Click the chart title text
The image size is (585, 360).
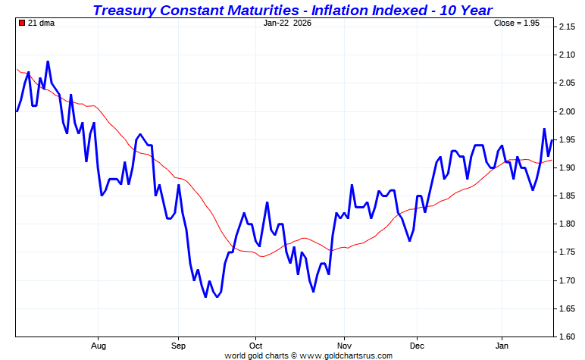click(x=292, y=10)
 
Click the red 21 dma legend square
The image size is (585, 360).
click(x=21, y=23)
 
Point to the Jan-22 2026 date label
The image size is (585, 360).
click(x=287, y=23)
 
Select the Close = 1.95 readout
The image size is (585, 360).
click(x=516, y=23)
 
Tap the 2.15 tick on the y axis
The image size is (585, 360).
click(x=568, y=27)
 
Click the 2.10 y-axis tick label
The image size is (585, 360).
click(x=568, y=55)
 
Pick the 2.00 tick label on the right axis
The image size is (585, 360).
click(x=568, y=111)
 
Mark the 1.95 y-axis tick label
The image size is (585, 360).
click(x=568, y=139)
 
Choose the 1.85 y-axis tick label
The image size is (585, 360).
click(x=568, y=196)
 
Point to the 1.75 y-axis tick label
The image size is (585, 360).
click(x=568, y=252)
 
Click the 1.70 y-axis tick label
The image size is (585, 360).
click(x=568, y=280)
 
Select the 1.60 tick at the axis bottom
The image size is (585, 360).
click(x=568, y=336)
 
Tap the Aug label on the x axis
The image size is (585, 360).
click(x=98, y=345)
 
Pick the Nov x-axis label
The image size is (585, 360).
click(x=344, y=345)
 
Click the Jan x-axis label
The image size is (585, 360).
click(x=501, y=345)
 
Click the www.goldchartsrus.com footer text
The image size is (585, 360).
click(x=349, y=355)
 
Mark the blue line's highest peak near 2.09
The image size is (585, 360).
click(x=48, y=61)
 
